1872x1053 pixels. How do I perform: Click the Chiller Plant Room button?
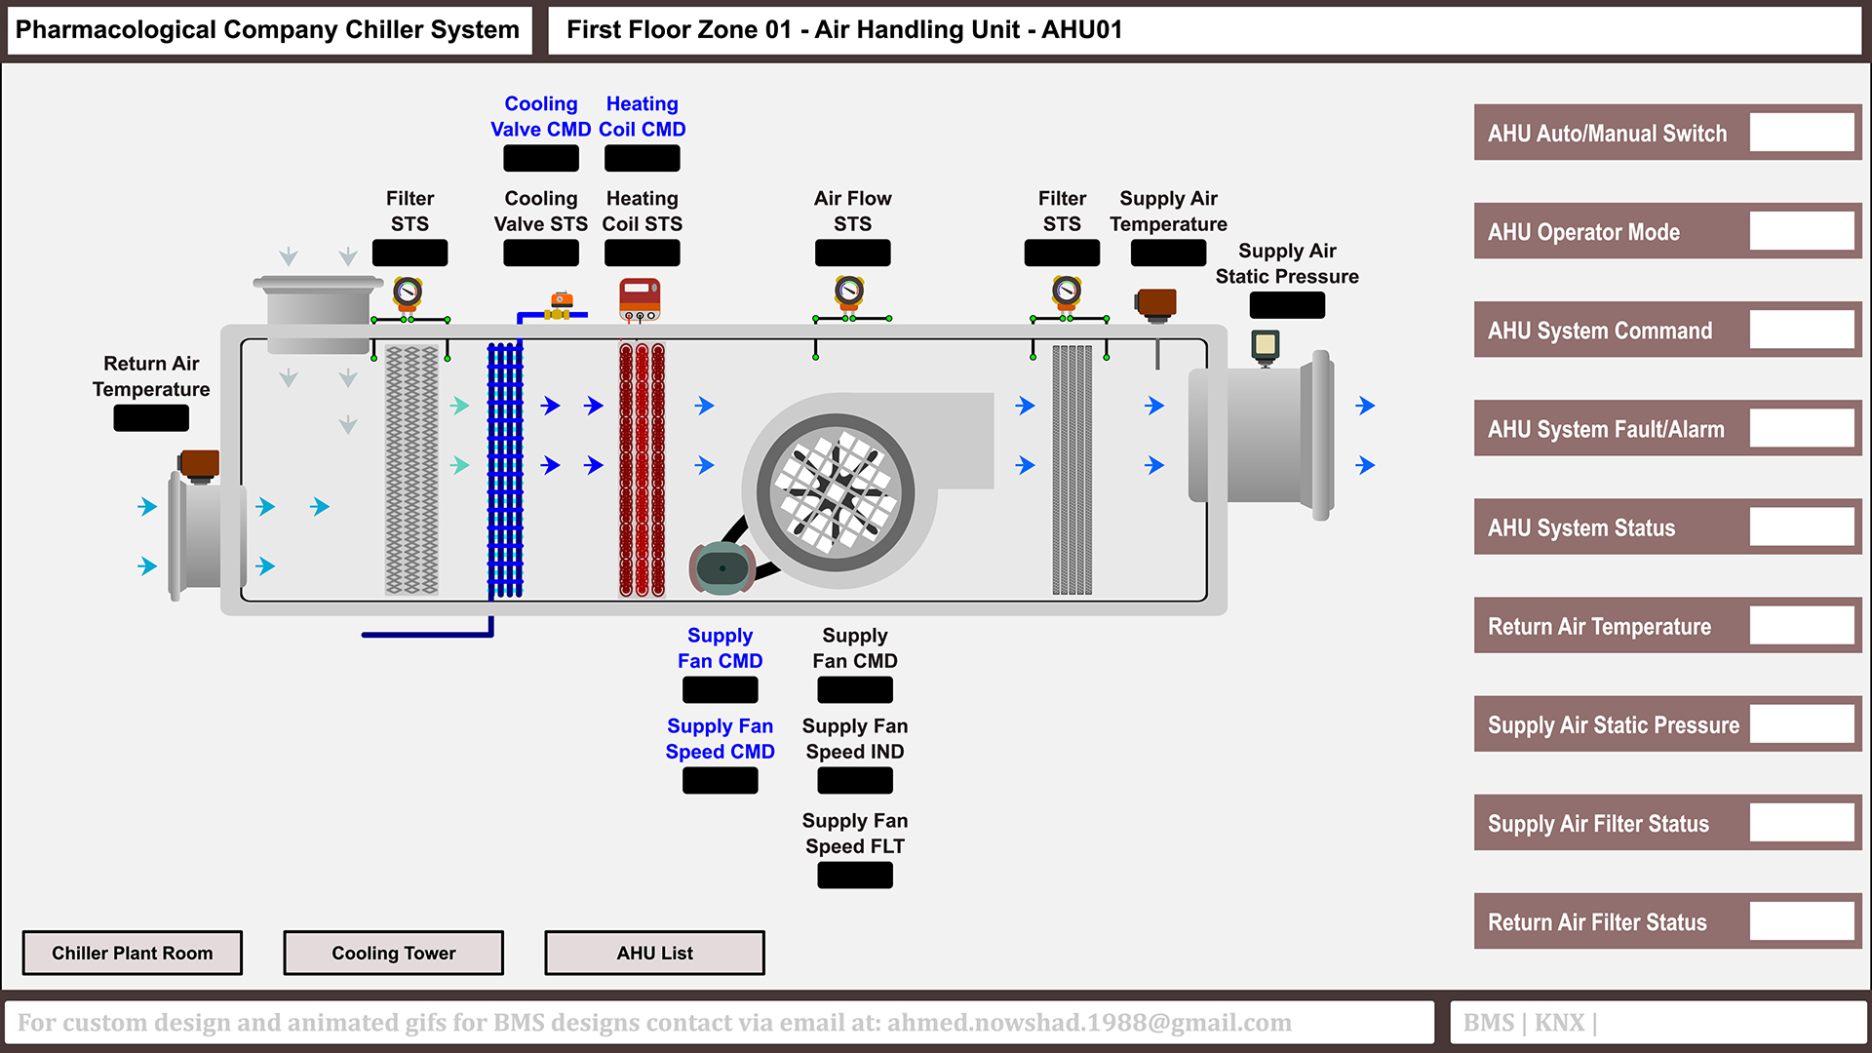click(132, 953)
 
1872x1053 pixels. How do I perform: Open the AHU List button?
click(654, 953)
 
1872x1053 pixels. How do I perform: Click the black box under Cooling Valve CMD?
click(540, 158)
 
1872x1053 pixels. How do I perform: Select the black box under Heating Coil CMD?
click(642, 158)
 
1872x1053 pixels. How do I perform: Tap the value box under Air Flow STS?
click(852, 253)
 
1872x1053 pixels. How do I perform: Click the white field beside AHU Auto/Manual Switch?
click(1801, 133)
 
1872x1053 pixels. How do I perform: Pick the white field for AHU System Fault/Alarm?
click(1801, 428)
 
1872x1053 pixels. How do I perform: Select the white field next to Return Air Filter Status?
click(1801, 921)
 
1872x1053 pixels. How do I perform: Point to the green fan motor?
click(721, 568)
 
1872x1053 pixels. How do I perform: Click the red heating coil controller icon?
click(640, 298)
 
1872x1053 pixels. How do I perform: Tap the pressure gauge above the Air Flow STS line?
click(849, 291)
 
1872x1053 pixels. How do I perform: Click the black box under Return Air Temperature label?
click(151, 418)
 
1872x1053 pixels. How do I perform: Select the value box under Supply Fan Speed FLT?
click(854, 876)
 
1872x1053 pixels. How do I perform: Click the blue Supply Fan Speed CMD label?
click(720, 739)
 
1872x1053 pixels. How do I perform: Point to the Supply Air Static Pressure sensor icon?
click(1265, 345)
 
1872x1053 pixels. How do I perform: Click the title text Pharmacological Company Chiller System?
click(267, 29)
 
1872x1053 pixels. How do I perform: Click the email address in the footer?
click(1088, 1023)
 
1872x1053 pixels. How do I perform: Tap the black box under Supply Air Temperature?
click(1168, 253)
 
